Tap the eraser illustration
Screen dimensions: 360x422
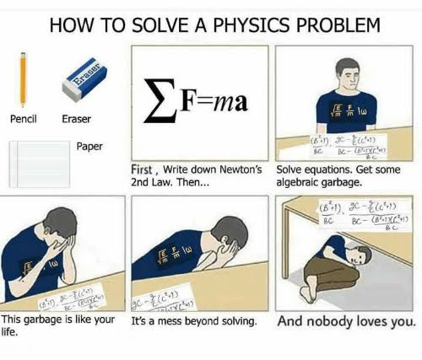87,80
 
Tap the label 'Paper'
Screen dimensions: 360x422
89,146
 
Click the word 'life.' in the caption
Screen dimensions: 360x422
12,332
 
